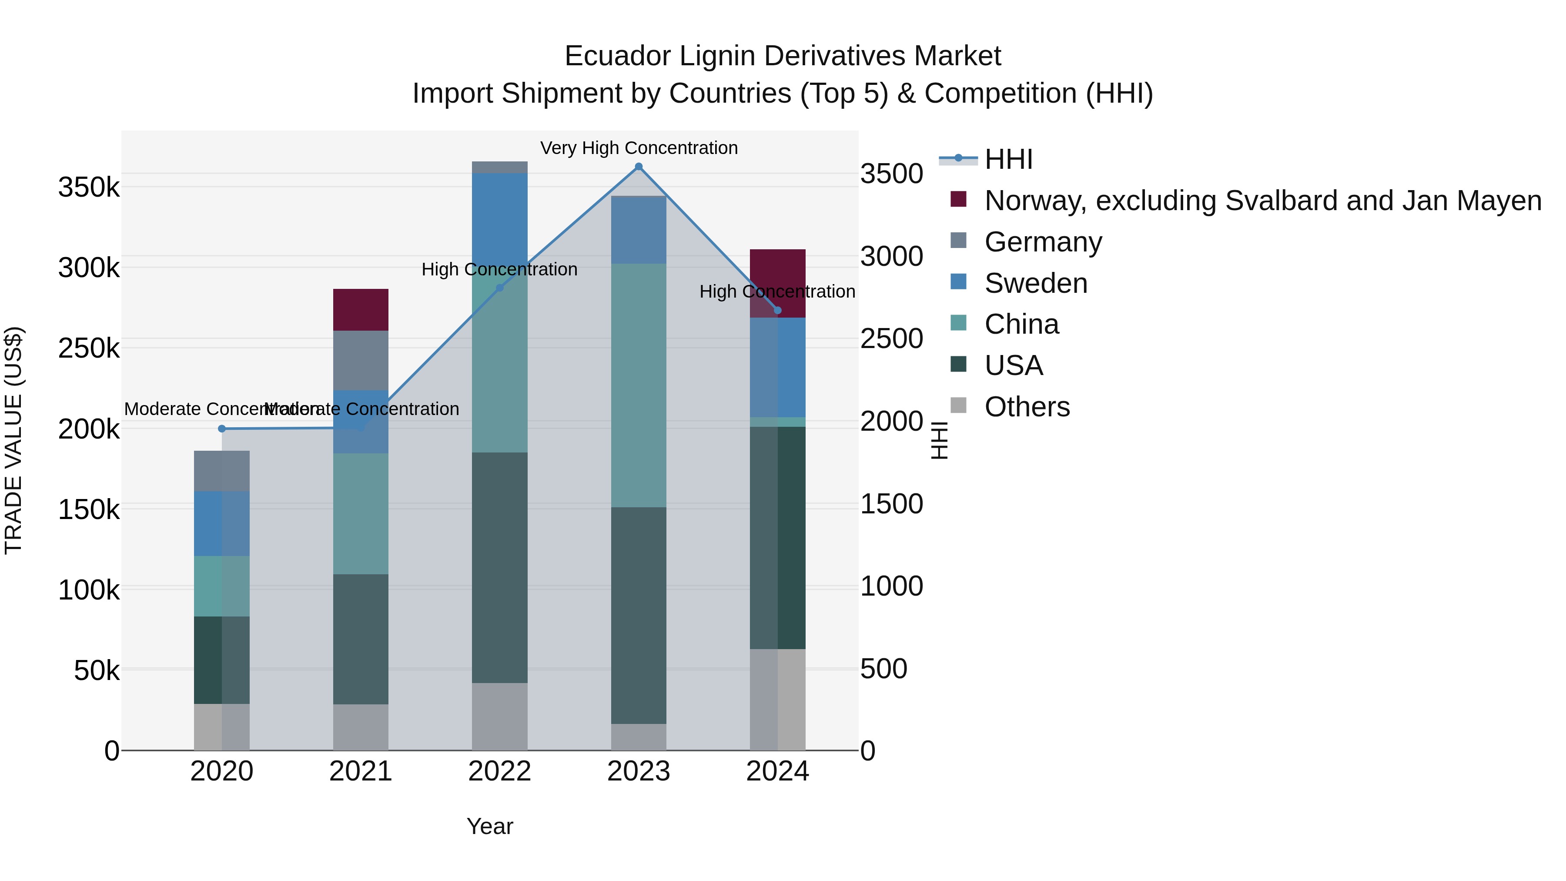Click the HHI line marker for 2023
point(638,167)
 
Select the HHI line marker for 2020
point(222,429)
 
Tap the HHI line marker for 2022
point(500,288)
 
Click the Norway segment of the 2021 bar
point(361,309)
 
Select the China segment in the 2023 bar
point(638,385)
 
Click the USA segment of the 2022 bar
point(500,567)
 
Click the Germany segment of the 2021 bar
point(361,360)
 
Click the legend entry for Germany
point(1043,242)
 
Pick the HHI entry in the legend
point(1008,159)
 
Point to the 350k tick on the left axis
point(89,187)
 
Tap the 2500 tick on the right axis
point(892,338)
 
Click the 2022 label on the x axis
point(500,771)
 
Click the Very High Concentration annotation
point(638,148)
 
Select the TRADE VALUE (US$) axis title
point(13,440)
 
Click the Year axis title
point(489,826)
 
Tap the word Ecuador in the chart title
point(618,56)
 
